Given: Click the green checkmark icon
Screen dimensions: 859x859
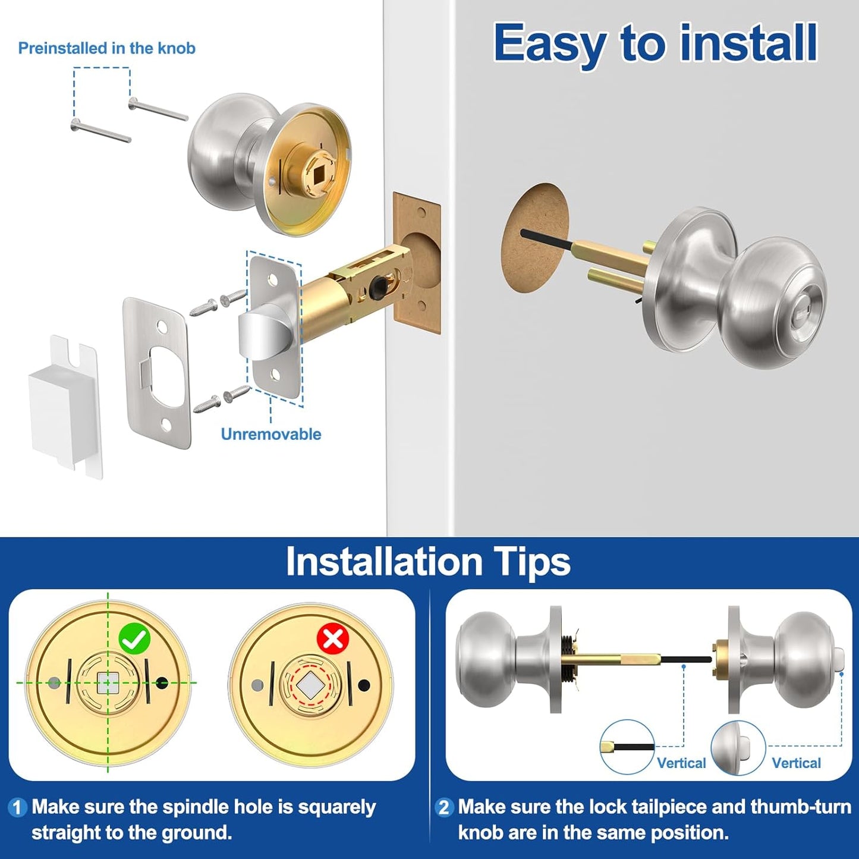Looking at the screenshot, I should point(134,639).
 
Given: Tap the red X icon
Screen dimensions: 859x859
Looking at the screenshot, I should point(333,639).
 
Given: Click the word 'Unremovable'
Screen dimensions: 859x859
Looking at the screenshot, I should point(270,435).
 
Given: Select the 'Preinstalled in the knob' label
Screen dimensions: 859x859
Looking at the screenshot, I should point(106,48).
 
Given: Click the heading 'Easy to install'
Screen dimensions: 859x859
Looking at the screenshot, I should point(655,43).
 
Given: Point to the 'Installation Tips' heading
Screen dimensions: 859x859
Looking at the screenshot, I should point(428,562).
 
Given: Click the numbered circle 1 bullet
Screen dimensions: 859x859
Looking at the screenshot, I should point(17,807).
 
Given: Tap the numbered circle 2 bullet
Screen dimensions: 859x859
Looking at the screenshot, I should point(443,807).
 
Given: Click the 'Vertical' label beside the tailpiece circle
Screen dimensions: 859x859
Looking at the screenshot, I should point(681,763).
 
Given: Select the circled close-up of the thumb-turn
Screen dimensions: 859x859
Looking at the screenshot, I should point(738,747).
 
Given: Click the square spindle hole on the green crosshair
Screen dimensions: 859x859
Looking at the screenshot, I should point(108,682).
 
